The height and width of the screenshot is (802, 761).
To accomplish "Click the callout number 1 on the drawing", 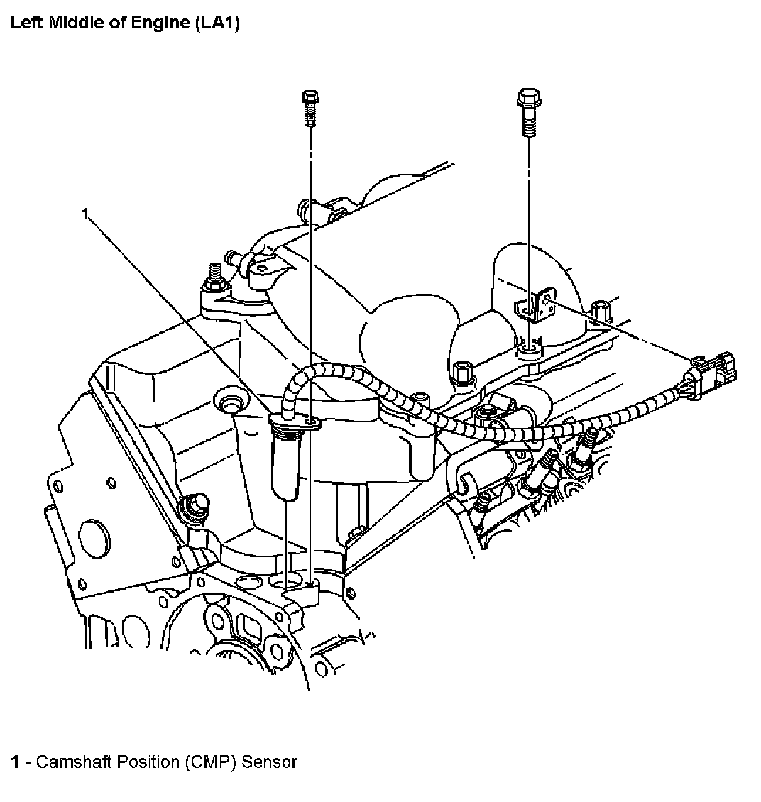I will [85, 213].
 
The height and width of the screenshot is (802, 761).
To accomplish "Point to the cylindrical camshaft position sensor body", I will [285, 461].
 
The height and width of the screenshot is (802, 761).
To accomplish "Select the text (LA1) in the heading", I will [217, 22].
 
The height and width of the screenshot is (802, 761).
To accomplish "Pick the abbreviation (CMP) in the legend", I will [212, 762].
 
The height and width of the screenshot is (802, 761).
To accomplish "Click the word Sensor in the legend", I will [270, 762].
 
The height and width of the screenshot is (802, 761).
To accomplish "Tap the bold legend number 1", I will [14, 762].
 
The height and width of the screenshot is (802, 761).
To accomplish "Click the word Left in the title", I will [24, 22].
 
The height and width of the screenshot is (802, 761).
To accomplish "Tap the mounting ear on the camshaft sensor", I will [312, 424].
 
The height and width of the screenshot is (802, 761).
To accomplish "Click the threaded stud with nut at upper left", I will [212, 281].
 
